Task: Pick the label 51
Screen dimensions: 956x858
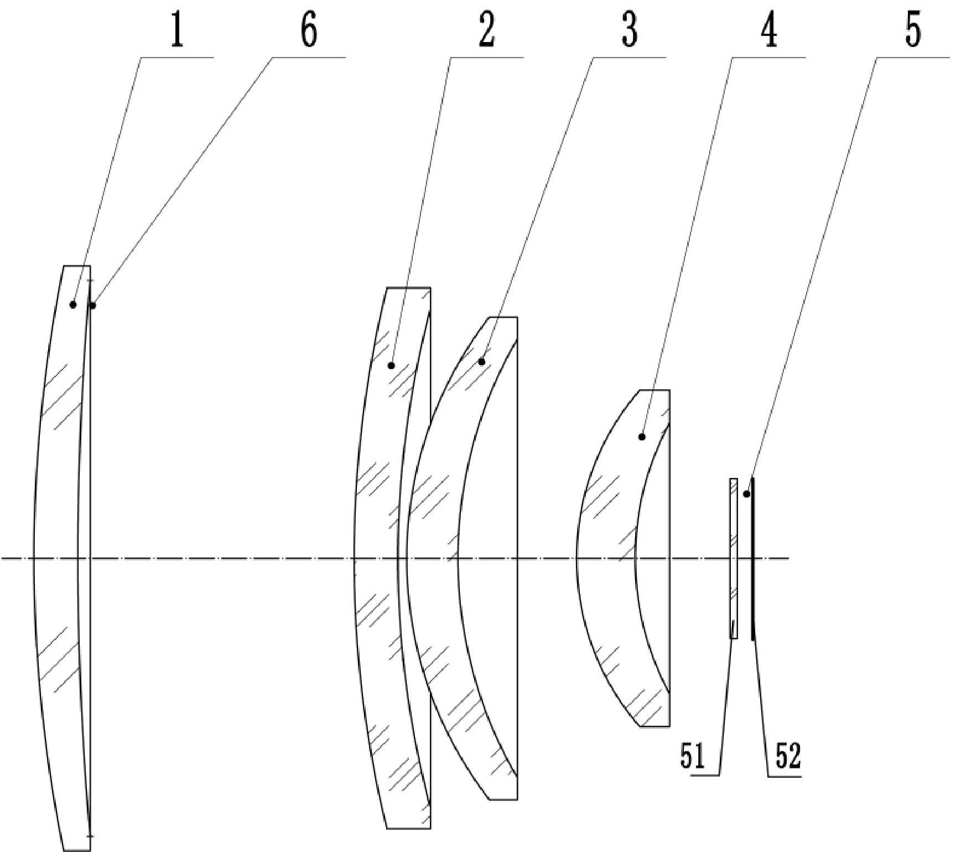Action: click(693, 757)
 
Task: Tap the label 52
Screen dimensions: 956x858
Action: click(788, 757)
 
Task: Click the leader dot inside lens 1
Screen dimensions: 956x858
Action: click(72, 304)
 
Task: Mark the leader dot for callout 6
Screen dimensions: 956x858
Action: click(93, 305)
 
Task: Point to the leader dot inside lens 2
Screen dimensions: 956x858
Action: click(391, 365)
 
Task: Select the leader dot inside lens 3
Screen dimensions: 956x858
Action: click(482, 362)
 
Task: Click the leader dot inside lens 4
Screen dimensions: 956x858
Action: click(642, 437)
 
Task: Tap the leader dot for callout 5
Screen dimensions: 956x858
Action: click(746, 493)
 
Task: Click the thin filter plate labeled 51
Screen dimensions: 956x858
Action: click(734, 559)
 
